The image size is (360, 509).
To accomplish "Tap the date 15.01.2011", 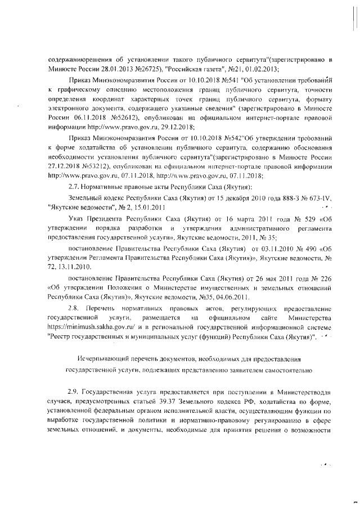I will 145,207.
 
